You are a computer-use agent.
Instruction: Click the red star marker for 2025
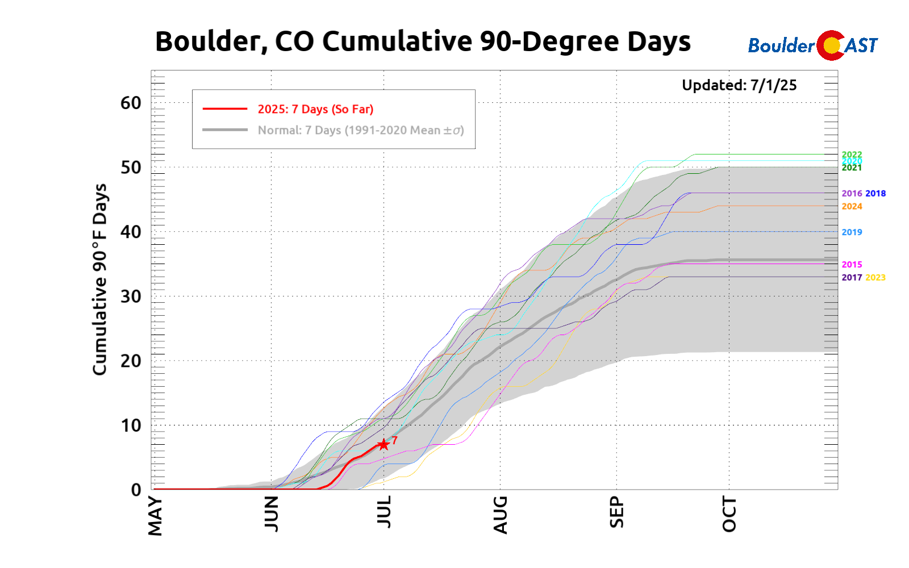[383, 444]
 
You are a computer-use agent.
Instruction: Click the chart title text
[423, 41]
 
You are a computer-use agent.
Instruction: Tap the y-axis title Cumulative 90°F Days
[100, 279]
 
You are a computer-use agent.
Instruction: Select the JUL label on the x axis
[384, 512]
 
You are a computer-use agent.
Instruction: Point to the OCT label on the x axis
[729, 514]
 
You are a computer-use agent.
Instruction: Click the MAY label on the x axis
[155, 516]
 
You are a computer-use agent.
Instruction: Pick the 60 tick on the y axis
[131, 103]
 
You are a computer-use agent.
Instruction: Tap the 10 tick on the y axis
[131, 425]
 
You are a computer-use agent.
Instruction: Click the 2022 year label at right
[852, 154]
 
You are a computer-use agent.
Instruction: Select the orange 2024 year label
[852, 207]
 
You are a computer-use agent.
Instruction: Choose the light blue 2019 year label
[852, 232]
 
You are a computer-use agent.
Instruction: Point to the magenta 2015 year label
[852, 265]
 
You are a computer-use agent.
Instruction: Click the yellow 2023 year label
[875, 278]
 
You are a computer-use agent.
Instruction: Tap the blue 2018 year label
[875, 194]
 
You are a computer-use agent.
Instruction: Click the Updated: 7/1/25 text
[739, 85]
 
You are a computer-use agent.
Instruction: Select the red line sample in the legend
[225, 108]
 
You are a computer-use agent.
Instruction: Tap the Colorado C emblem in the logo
[831, 45]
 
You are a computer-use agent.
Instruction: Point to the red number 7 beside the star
[395, 440]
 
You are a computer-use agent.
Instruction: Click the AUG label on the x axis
[500, 515]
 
